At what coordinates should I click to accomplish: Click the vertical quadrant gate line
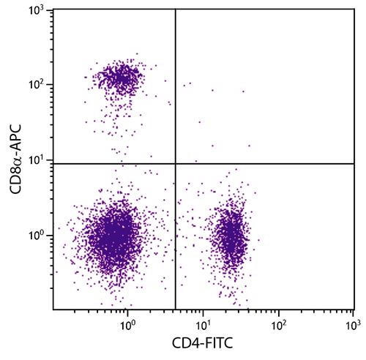[176, 88]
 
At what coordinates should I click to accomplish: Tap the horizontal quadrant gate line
[264, 163]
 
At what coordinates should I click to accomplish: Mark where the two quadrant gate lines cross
[176, 163]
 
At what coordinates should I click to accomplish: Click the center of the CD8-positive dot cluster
[119, 76]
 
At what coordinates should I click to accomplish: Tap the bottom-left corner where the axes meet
[53, 310]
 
